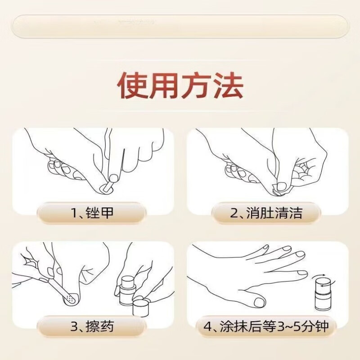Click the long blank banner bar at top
click(180, 26)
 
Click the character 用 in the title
click(164, 85)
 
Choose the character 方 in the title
click(196, 85)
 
